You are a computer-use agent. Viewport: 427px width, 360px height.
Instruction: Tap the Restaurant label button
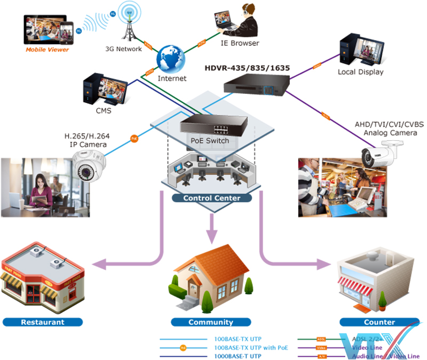point(43,322)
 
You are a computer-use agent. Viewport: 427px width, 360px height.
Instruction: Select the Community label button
point(210,322)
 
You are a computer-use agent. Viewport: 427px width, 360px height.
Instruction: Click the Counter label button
point(379,322)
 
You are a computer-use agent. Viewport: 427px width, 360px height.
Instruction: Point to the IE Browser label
point(240,43)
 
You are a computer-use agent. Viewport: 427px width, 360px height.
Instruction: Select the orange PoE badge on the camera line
point(135,139)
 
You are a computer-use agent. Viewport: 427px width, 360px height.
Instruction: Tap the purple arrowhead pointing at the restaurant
point(99,263)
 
